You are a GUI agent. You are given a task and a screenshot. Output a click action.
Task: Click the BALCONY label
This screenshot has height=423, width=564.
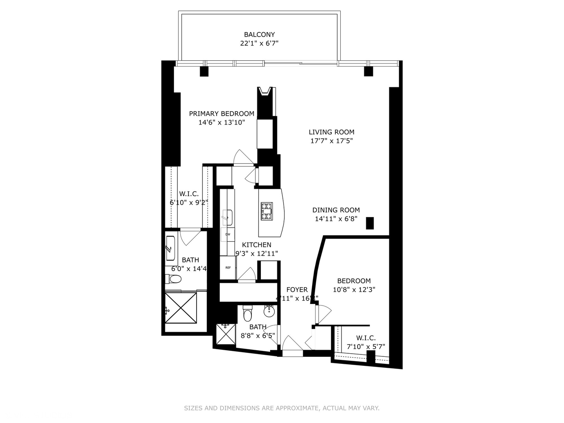click(259, 34)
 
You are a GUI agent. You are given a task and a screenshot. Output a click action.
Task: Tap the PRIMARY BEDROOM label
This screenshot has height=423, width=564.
click(222, 114)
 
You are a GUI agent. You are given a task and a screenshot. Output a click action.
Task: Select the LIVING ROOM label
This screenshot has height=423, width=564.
click(331, 132)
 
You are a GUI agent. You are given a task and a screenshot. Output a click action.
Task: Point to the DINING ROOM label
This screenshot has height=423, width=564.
click(336, 210)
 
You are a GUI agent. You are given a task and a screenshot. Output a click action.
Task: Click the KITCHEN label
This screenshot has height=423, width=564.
click(257, 245)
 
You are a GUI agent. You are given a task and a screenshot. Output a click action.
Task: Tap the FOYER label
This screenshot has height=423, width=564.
click(297, 290)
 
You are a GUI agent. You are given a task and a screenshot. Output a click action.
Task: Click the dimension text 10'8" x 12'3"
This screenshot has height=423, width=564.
click(354, 290)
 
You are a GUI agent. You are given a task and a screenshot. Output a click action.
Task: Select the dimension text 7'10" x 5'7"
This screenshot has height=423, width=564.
click(366, 347)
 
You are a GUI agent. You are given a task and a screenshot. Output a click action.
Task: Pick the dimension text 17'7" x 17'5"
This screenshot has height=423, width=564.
click(331, 141)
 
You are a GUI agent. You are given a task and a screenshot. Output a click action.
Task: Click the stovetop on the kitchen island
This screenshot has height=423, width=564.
click(267, 211)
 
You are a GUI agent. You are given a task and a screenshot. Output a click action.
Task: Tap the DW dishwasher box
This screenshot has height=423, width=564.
click(228, 235)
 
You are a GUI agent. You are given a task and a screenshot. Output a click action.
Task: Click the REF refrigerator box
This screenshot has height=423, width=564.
click(228, 268)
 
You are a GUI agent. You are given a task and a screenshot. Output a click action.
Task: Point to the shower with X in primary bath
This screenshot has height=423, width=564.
click(181, 308)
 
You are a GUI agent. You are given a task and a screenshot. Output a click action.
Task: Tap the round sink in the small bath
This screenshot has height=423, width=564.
click(269, 312)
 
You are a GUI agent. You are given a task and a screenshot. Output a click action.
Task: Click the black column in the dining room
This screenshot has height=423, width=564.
click(370, 223)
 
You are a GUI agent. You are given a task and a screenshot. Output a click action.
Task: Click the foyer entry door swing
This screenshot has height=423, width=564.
click(292, 343)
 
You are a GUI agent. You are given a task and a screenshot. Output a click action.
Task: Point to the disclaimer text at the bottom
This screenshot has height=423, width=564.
click(282, 408)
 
